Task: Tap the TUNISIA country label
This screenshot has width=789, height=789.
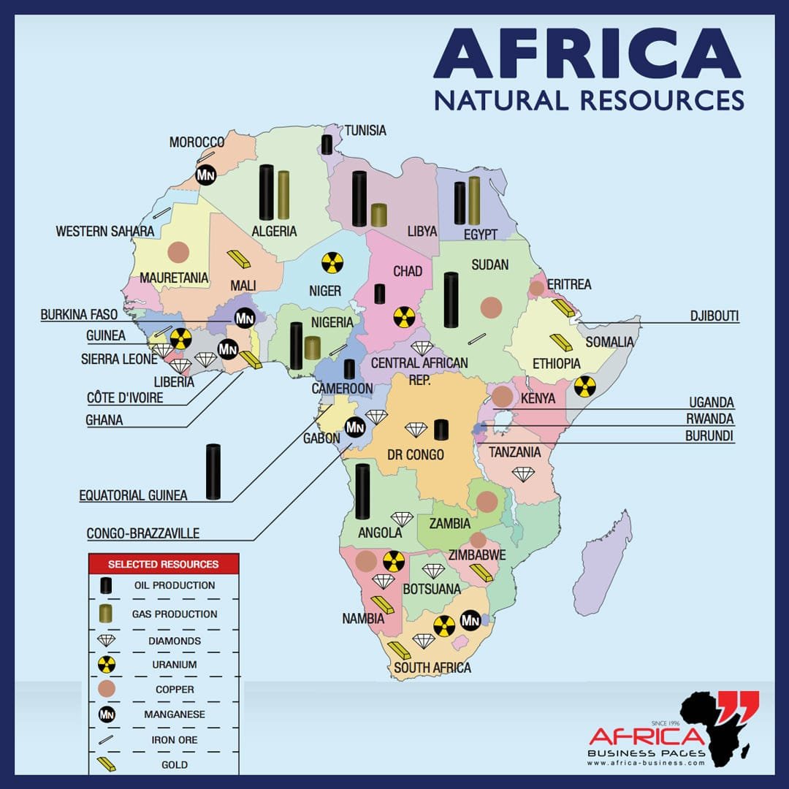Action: click(x=365, y=131)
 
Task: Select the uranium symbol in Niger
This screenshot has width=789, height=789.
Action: click(x=332, y=263)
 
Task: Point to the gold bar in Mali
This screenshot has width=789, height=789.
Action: click(x=238, y=258)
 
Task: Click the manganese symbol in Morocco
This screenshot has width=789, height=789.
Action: click(x=205, y=175)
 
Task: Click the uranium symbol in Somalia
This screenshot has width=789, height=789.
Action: click(x=584, y=386)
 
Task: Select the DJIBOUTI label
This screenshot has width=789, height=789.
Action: click(x=714, y=316)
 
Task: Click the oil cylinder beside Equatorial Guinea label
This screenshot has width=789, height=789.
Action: click(x=213, y=472)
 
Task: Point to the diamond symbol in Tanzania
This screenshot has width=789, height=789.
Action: click(x=523, y=474)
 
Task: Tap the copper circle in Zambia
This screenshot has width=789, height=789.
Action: click(x=487, y=501)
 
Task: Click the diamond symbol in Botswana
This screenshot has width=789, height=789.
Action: click(x=433, y=571)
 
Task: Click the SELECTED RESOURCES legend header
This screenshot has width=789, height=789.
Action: click(x=163, y=564)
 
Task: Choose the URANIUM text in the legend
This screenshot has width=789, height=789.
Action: click(x=175, y=665)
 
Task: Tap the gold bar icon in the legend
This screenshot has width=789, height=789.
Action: click(x=107, y=765)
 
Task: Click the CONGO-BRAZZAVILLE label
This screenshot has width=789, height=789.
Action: click(x=143, y=533)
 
